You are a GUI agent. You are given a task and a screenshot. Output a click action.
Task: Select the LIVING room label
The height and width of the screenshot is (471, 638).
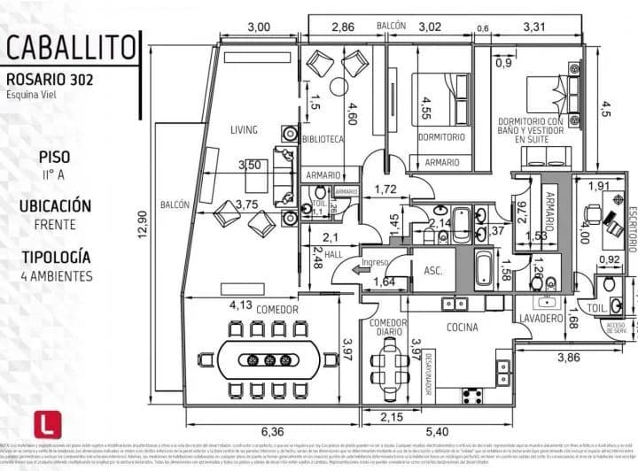point(245,130)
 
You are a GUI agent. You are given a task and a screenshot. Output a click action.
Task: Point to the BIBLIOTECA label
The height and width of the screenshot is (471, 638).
point(323,139)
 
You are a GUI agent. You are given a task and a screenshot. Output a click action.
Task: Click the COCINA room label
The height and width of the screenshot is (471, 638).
point(463,327)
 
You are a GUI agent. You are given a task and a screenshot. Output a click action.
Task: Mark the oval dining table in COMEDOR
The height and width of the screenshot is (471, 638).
point(267,359)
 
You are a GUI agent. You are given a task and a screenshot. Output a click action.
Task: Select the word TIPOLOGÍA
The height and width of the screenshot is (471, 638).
point(56,257)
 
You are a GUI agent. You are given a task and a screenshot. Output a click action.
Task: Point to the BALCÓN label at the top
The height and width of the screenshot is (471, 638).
point(391,27)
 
